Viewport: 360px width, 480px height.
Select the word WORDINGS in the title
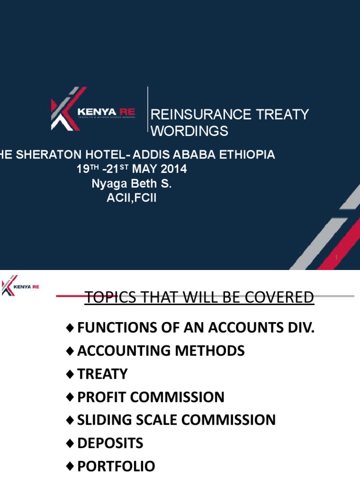[x=189, y=131]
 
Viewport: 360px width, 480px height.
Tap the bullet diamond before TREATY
[x=70, y=374]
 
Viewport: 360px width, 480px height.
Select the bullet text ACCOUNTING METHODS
[x=161, y=351]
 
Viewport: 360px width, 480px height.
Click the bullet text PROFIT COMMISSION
[x=150, y=397]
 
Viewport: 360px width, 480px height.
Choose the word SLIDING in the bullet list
[x=105, y=420]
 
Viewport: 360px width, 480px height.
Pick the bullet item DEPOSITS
[x=110, y=443]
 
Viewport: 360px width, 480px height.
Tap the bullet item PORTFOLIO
[x=116, y=466]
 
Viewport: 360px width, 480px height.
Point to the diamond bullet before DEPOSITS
[x=70, y=443]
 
